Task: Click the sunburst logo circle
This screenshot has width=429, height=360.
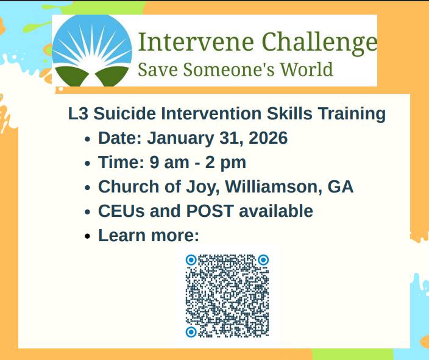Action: (92, 50)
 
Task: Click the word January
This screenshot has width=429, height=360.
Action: (178, 138)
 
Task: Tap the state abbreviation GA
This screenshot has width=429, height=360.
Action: (341, 186)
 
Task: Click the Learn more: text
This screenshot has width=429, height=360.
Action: (148, 235)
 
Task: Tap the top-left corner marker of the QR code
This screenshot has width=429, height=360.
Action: (191, 260)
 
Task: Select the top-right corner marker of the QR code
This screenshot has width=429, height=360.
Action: (263, 260)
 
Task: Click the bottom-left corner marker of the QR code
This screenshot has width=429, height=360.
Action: (191, 332)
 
